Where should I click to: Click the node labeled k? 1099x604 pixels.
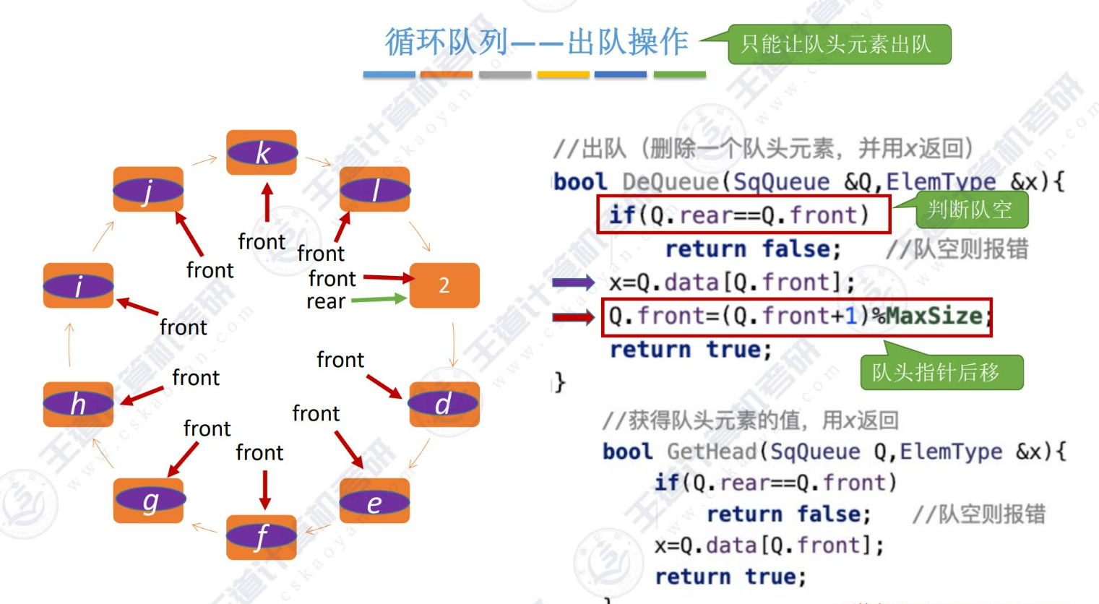tap(262, 152)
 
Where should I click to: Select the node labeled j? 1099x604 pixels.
tap(148, 189)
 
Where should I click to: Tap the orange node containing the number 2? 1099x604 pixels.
tap(444, 285)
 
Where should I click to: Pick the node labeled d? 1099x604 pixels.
tap(444, 405)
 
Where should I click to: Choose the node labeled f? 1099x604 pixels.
tap(262, 537)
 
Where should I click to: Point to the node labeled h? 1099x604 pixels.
tap(78, 405)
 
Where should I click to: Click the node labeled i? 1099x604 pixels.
tap(78, 285)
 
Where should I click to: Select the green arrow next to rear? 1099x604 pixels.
tap(379, 299)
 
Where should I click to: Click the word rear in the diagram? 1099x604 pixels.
tap(326, 301)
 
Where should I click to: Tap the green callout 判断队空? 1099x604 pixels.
tap(970, 210)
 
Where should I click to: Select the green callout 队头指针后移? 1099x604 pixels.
tap(936, 373)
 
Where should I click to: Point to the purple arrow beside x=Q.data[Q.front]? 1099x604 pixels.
tap(574, 282)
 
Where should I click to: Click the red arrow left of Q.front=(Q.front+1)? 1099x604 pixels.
tap(574, 316)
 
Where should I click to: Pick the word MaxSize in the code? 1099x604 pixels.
tap(934, 316)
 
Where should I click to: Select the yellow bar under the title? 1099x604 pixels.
tap(563, 74)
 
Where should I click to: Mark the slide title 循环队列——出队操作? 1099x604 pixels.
tap(536, 42)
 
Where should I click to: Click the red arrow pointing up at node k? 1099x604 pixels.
tap(267, 202)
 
